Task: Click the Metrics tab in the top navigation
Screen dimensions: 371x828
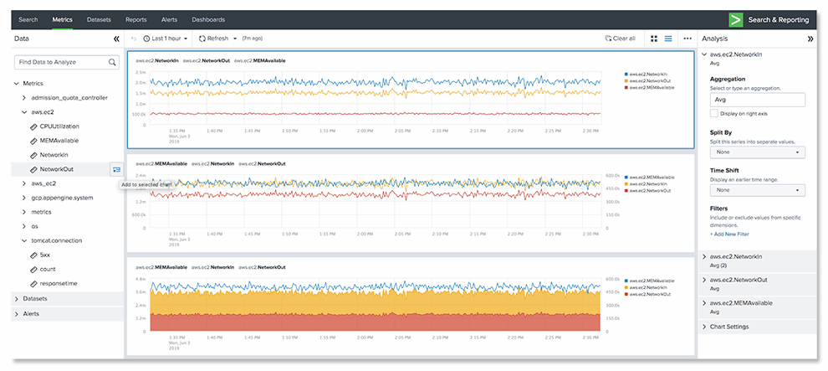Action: pyautogui.click(x=62, y=18)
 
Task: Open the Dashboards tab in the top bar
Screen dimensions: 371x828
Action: pyautogui.click(x=208, y=18)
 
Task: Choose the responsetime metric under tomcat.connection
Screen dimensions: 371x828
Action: pyautogui.click(x=59, y=283)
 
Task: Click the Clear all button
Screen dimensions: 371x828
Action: pyautogui.click(x=620, y=39)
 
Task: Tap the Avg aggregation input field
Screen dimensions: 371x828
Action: pyautogui.click(x=756, y=99)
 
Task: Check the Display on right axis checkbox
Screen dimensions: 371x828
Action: pyautogui.click(x=713, y=113)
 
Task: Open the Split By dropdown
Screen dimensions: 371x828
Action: pyautogui.click(x=756, y=152)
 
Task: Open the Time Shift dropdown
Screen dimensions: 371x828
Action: pyautogui.click(x=756, y=190)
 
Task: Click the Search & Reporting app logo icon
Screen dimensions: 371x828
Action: pyautogui.click(x=736, y=18)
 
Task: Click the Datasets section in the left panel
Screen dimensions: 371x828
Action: pyautogui.click(x=36, y=298)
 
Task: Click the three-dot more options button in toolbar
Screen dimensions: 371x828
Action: pyautogui.click(x=687, y=39)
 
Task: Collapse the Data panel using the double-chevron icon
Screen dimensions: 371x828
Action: pyautogui.click(x=116, y=39)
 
